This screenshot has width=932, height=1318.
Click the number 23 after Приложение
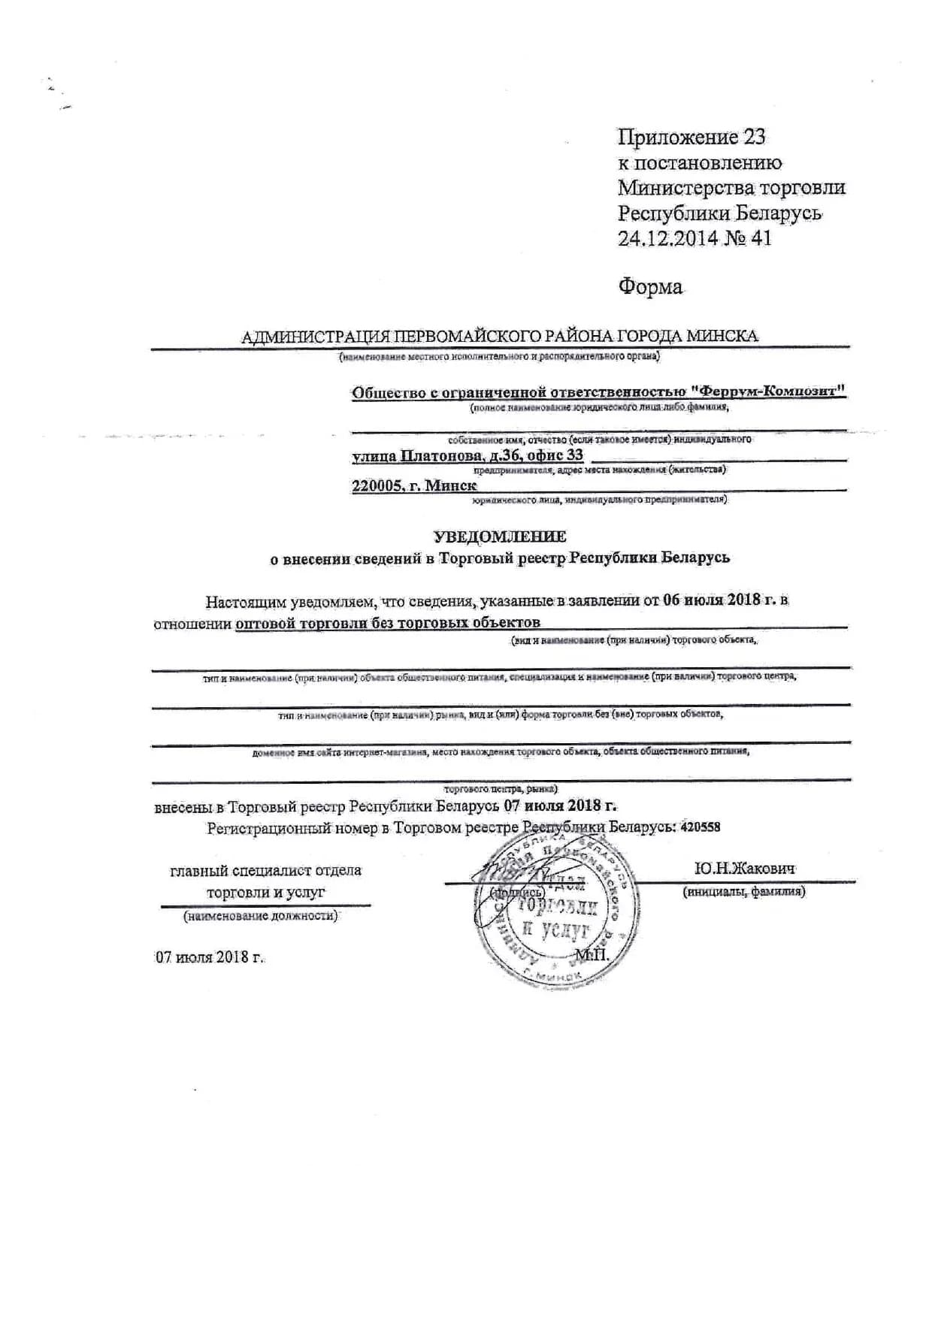click(x=754, y=137)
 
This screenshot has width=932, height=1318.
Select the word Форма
click(x=650, y=286)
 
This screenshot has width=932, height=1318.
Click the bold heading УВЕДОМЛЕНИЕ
click(x=500, y=536)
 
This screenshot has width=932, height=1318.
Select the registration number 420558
click(x=700, y=827)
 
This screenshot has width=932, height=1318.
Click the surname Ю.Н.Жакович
click(x=744, y=869)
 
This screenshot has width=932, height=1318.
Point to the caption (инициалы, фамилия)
click(x=743, y=892)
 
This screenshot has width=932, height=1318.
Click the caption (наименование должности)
click(x=261, y=916)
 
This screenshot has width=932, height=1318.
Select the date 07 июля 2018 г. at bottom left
click(x=210, y=957)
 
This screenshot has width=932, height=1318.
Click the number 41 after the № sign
click(x=761, y=238)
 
